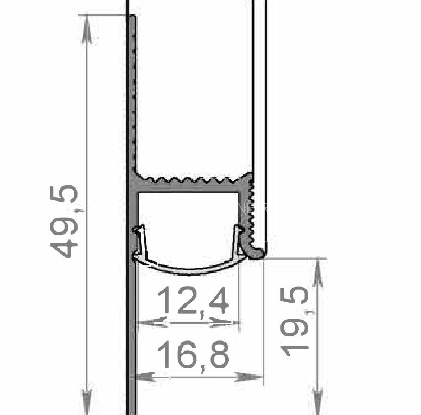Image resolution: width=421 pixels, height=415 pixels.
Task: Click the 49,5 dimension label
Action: click(x=64, y=222)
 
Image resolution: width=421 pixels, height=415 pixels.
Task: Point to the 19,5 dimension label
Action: click(x=294, y=322)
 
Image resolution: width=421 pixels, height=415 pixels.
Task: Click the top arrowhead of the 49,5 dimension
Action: click(x=86, y=29)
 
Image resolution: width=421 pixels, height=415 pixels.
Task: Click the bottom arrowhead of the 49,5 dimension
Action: click(x=86, y=402)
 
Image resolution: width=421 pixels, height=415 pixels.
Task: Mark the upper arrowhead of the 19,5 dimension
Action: click(x=318, y=273)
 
